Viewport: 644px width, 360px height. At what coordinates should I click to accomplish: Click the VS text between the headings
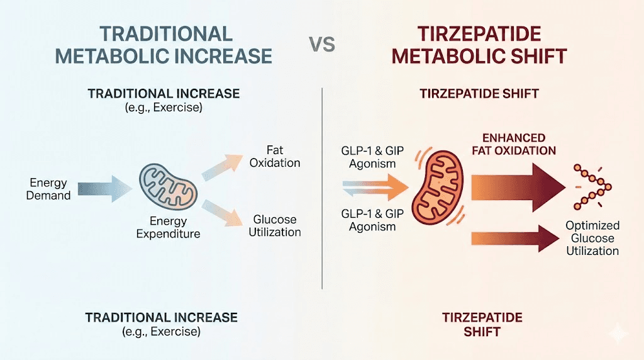pos(323,45)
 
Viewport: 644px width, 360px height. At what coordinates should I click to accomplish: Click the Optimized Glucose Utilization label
pos(592,238)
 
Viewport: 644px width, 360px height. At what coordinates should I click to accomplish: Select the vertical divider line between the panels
pos(322,189)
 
